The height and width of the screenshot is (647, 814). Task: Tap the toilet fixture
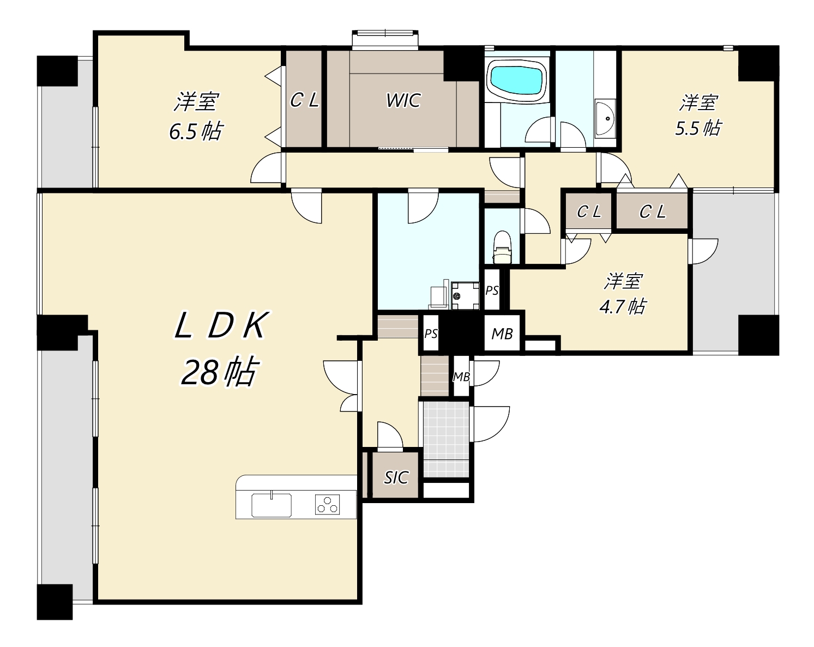pos(503,247)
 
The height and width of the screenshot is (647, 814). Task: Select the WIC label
pos(403,101)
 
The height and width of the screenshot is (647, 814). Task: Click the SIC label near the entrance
pos(396,477)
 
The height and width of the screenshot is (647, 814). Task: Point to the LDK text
pos(222,325)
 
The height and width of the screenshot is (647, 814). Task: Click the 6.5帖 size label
pos(196,131)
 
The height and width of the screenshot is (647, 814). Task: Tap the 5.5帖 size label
pos(698,128)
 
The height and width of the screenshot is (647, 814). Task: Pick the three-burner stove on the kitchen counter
pos(327,504)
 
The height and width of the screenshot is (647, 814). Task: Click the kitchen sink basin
pos(272,505)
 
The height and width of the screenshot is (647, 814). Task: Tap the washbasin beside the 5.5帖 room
pos(605,118)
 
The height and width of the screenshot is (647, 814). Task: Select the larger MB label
pos(502,334)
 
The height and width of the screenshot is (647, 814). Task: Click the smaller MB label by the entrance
pos(461,377)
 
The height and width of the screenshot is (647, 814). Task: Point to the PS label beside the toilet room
pos(492,291)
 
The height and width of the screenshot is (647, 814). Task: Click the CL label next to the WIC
pos(304,100)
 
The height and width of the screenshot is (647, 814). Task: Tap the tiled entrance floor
pos(447,439)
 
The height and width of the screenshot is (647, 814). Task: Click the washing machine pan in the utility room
pos(465,296)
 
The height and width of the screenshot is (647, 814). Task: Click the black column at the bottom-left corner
pos(55,602)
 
